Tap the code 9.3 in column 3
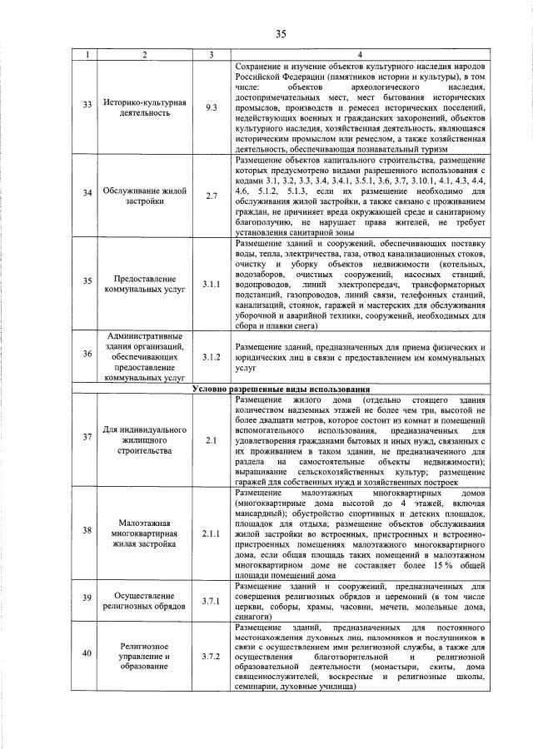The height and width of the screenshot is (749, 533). click(212, 107)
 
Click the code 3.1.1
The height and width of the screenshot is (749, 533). click(212, 285)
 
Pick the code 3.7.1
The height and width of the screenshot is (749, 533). click(212, 602)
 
